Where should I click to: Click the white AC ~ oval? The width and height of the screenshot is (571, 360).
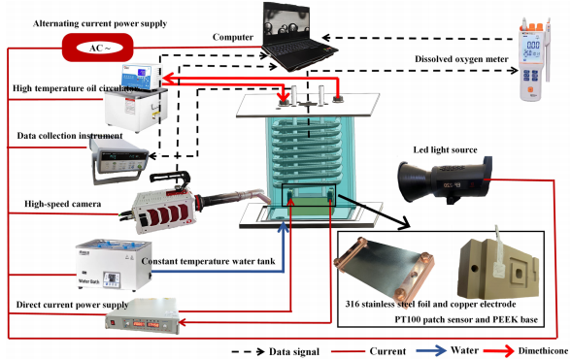coord(100,48)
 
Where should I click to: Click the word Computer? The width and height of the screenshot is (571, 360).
coord(233,37)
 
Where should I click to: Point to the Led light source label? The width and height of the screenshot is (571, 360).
coord(445,150)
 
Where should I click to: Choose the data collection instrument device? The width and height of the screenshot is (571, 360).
coord(118,161)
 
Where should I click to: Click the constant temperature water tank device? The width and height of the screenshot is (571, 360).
coord(114,265)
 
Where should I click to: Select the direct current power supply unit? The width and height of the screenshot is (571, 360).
coord(143,316)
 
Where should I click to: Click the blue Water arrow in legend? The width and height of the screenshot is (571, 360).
coord(431,351)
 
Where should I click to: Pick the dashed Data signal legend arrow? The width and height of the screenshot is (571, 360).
coord(248,351)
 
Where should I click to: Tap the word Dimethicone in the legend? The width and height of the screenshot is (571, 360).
coord(543,351)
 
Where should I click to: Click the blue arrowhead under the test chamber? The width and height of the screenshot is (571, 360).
coord(284,227)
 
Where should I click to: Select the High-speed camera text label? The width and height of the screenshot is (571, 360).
coord(62,204)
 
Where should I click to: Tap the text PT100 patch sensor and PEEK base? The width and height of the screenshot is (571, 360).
coord(466,319)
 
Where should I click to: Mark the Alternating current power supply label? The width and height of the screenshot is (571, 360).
coord(100,24)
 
